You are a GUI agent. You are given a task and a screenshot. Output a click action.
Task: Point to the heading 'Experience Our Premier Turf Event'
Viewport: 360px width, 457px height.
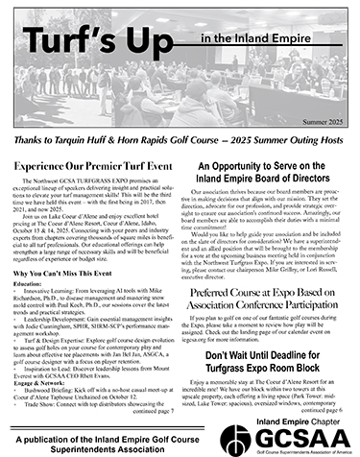point(94,139)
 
